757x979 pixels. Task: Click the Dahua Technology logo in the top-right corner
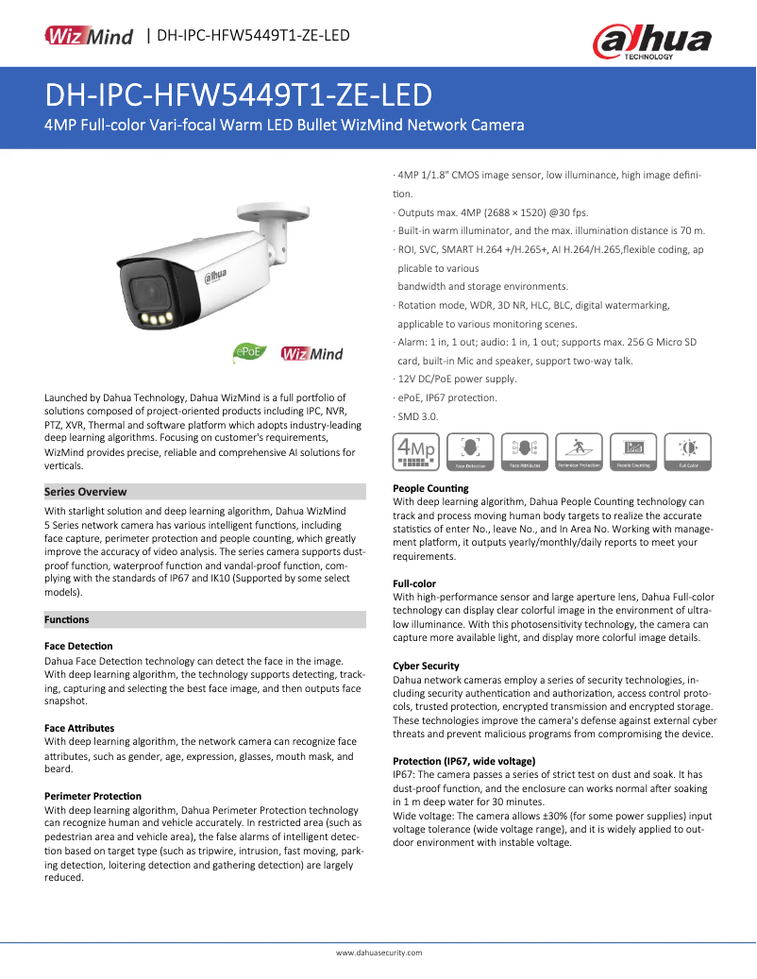pyautogui.click(x=651, y=42)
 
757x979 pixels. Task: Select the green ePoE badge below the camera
pyautogui.click(x=246, y=353)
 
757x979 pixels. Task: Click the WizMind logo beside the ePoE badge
pyautogui.click(x=311, y=354)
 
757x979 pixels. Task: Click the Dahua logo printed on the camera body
pyautogui.click(x=216, y=275)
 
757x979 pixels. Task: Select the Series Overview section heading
pyautogui.click(x=86, y=492)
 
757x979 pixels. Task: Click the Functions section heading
pyautogui.click(x=67, y=620)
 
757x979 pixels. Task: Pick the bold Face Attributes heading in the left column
pyautogui.click(x=79, y=728)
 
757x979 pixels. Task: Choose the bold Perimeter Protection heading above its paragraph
pyautogui.click(x=93, y=796)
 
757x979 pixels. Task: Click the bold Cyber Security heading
pyautogui.click(x=426, y=666)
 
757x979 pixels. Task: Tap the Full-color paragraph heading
pyautogui.click(x=414, y=583)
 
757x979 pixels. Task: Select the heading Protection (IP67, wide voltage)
pyautogui.click(x=463, y=761)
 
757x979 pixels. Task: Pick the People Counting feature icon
pyautogui.click(x=633, y=451)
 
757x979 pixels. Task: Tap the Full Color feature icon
pyautogui.click(x=688, y=451)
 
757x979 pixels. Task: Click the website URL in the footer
pyautogui.click(x=378, y=954)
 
